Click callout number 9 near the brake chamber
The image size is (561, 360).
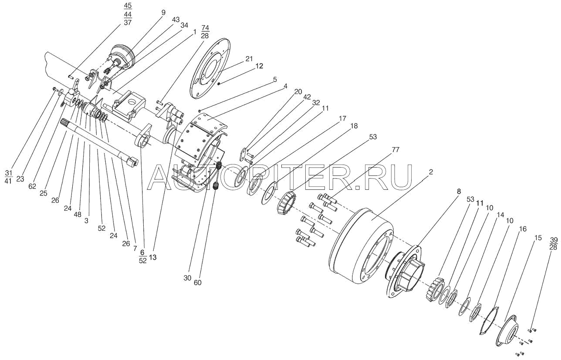click(x=163, y=13)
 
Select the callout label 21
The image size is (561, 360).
click(x=249, y=59)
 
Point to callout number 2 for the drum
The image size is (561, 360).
click(x=430, y=172)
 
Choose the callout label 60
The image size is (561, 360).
click(x=197, y=283)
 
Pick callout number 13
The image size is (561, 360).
click(x=152, y=257)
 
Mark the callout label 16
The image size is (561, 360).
click(x=523, y=229)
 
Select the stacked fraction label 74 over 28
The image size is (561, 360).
click(x=206, y=33)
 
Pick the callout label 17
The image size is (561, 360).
click(x=343, y=118)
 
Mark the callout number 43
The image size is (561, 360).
click(x=176, y=20)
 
